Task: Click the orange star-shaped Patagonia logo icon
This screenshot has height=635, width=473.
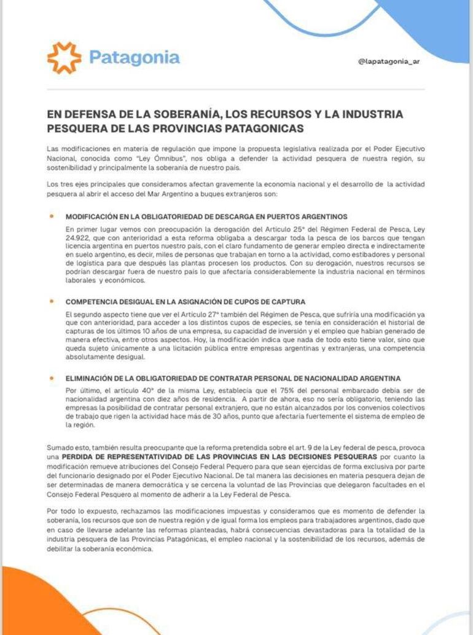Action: (64, 58)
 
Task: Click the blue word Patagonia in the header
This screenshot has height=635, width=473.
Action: (135, 58)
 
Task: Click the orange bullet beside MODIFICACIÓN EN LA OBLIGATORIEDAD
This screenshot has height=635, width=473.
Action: (52, 216)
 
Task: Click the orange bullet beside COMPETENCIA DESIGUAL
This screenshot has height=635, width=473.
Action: (52, 302)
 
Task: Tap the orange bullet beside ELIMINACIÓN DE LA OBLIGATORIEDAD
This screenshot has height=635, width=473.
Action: (52, 377)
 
